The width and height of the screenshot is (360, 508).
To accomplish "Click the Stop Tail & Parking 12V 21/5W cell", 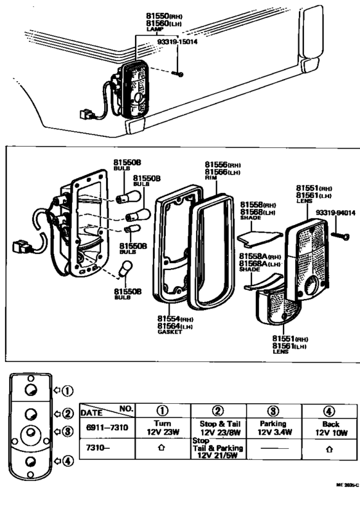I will pyautogui.click(x=218, y=448).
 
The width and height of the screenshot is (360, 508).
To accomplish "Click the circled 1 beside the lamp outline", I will pyautogui.click(x=67, y=390).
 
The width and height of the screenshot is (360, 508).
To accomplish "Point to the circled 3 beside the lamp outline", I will pyautogui.click(x=67, y=431).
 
